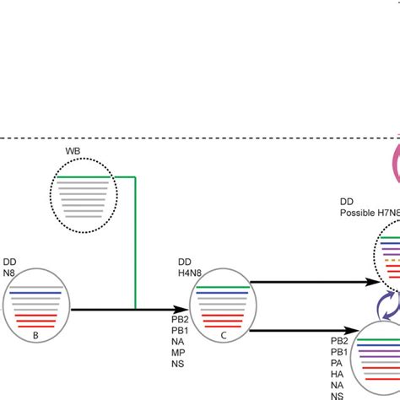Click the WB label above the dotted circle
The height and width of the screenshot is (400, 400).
[x=73, y=152]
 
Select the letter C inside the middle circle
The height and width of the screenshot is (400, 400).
[x=223, y=311]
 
